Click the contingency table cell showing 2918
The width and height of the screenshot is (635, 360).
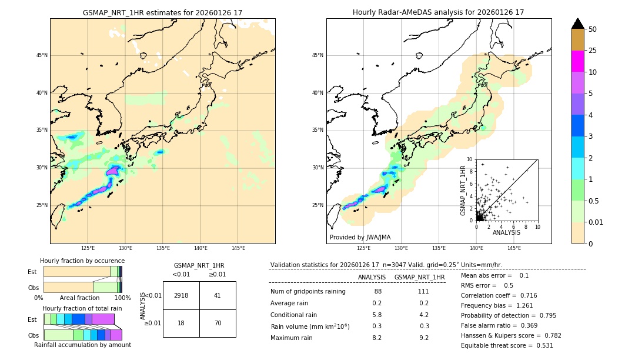[x=181, y=295]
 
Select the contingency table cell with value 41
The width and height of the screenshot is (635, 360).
[x=218, y=295]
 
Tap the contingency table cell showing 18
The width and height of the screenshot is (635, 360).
[x=181, y=323]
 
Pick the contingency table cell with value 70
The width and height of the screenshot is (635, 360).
[x=218, y=323]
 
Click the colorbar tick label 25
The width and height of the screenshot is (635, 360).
[x=593, y=51]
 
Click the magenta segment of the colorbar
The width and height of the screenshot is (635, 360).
[x=578, y=61]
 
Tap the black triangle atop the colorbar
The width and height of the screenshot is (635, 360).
[x=578, y=24]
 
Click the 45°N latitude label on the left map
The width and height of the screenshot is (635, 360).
[x=41, y=55]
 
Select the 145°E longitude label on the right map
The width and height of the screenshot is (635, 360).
[x=514, y=248]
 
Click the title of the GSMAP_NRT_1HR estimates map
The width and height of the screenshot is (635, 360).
[x=162, y=12]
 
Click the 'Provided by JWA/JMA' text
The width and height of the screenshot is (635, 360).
[x=360, y=237]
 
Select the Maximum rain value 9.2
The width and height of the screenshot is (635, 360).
[x=423, y=338]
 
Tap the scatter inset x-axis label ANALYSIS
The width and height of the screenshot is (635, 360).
[x=506, y=232]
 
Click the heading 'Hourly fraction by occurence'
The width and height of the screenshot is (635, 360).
[x=82, y=261]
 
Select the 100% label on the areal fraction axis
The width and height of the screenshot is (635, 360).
[x=122, y=298]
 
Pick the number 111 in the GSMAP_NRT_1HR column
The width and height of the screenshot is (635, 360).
[x=423, y=291]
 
